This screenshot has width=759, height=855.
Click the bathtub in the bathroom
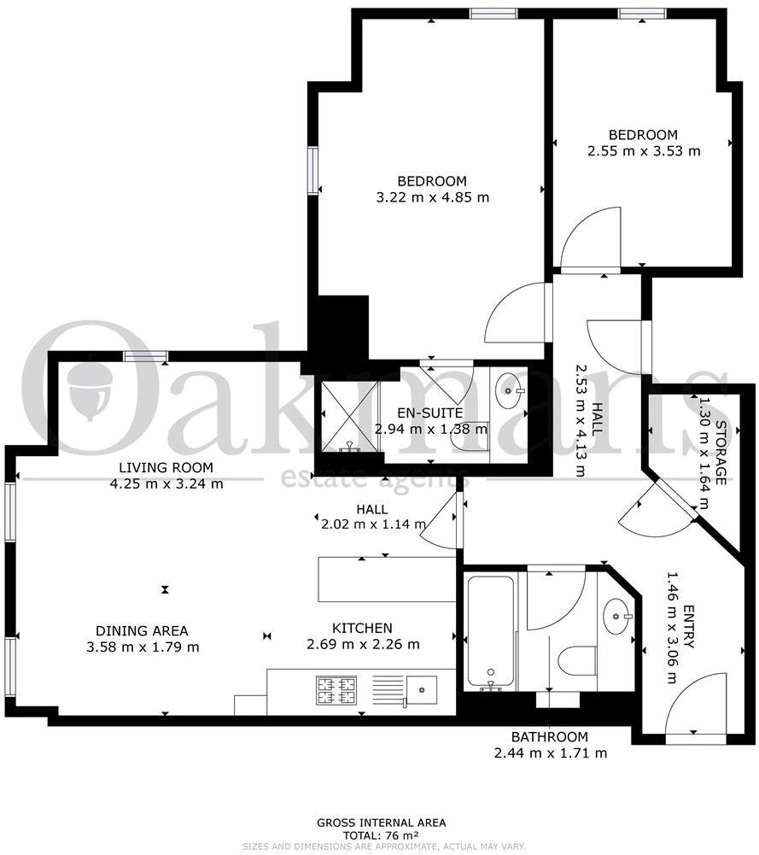point(490,632)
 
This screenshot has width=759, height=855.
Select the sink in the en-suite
point(511,392)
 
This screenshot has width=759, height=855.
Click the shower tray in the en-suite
point(348,414)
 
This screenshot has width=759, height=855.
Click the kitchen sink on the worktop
point(421,687)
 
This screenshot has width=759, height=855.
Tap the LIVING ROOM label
point(166,467)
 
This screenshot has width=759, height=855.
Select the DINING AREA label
point(142,631)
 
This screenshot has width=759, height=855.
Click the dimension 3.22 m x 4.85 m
point(433,197)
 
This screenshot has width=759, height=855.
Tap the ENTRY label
point(688,628)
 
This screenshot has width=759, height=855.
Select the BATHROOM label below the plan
point(549,737)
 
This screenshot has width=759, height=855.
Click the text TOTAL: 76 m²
point(381,835)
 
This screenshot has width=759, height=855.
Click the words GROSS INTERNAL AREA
point(381,823)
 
